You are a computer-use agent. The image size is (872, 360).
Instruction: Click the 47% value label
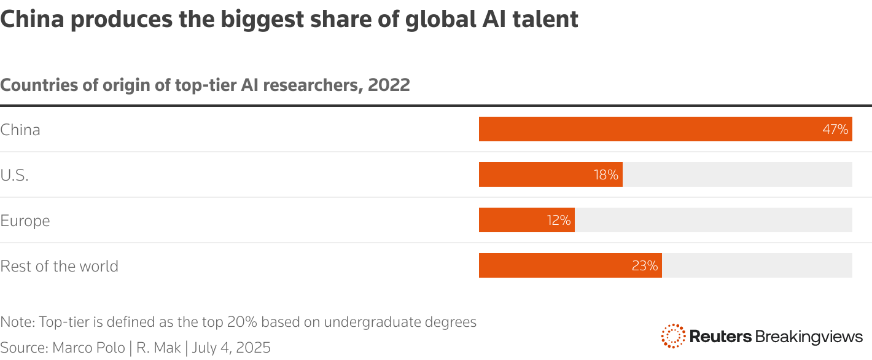(835, 130)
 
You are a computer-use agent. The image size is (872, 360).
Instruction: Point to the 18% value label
(605, 175)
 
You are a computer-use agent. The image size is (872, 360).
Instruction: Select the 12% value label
(559, 221)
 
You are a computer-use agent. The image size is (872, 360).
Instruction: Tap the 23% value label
(645, 266)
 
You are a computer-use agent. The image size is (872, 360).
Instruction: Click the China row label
(20, 130)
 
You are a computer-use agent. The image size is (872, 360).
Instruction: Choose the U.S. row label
(15, 175)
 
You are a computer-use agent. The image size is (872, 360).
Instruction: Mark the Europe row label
(25, 221)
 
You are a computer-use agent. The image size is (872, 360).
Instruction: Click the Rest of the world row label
(60, 266)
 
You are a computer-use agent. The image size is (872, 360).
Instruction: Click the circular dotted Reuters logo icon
(673, 336)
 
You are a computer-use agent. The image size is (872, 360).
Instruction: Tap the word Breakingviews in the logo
(809, 337)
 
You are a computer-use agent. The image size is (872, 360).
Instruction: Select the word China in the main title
(34, 20)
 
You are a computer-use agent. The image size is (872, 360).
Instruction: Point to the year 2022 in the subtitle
(389, 85)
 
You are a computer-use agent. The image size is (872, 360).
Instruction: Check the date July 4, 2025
(232, 348)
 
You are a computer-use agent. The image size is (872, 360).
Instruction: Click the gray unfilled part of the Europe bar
(713, 220)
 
